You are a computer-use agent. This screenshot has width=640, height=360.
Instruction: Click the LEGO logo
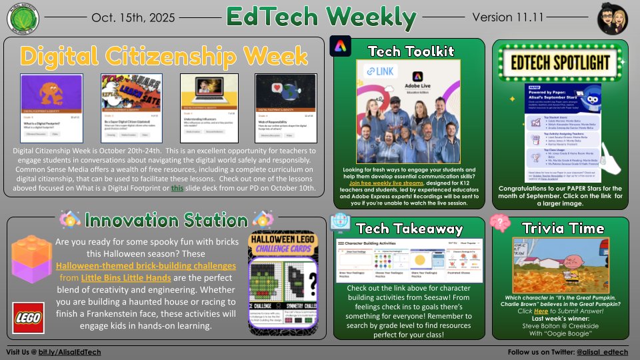[x=29, y=317]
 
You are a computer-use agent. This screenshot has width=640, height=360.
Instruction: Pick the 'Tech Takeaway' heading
[x=409, y=228]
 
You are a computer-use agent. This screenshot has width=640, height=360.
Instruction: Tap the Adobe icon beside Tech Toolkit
[x=341, y=47]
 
